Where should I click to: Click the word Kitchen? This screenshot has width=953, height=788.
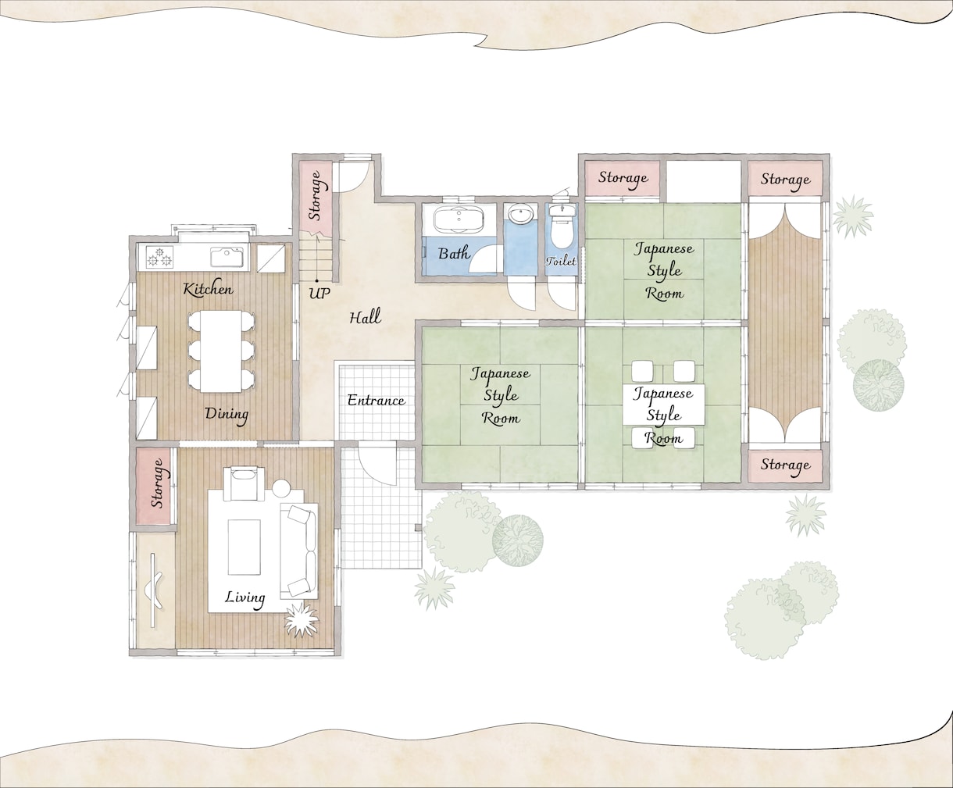[208, 289]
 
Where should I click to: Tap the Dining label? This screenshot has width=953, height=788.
[227, 414]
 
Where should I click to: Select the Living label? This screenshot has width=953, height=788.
[245, 597]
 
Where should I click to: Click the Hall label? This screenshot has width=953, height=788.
[365, 316]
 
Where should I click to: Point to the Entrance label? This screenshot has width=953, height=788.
[376, 401]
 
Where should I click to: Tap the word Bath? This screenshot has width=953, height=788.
[454, 253]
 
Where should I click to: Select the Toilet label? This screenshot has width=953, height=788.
[561, 261]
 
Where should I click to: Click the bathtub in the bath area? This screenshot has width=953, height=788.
[457, 219]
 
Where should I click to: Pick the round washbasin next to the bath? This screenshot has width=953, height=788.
[521, 215]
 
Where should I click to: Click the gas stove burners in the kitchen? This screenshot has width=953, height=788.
[160, 257]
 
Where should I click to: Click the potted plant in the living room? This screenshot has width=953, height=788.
[301, 619]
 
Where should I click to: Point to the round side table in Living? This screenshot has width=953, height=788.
[281, 489]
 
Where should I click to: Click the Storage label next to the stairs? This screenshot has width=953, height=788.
[316, 195]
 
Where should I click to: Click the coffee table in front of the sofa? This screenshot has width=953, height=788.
[244, 547]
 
